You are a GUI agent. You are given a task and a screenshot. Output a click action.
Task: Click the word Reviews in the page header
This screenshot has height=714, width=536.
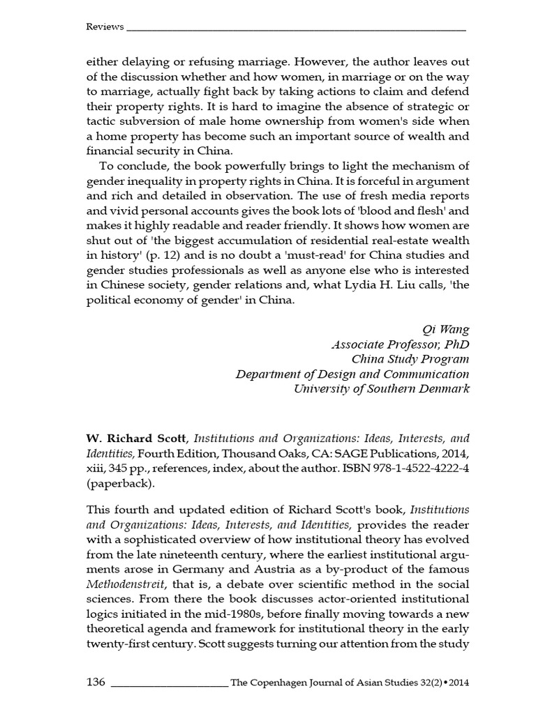click(x=105, y=27)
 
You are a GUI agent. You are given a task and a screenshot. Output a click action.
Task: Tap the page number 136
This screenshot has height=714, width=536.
click(x=96, y=681)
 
